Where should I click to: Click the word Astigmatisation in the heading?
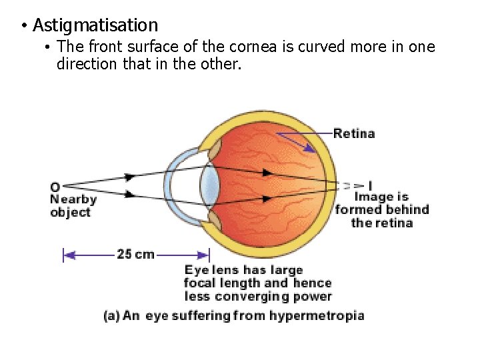click(x=95, y=26)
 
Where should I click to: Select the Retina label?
click(x=354, y=133)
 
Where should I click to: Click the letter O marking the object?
click(x=55, y=187)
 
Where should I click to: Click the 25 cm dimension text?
click(x=135, y=254)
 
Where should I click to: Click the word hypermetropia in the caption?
click(x=317, y=315)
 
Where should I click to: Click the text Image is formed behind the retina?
click(x=382, y=209)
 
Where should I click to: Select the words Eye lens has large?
click(x=244, y=270)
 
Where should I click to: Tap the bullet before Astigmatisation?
click(x=23, y=27)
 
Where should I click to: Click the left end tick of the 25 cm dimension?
click(x=63, y=255)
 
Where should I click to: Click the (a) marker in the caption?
click(x=112, y=315)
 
